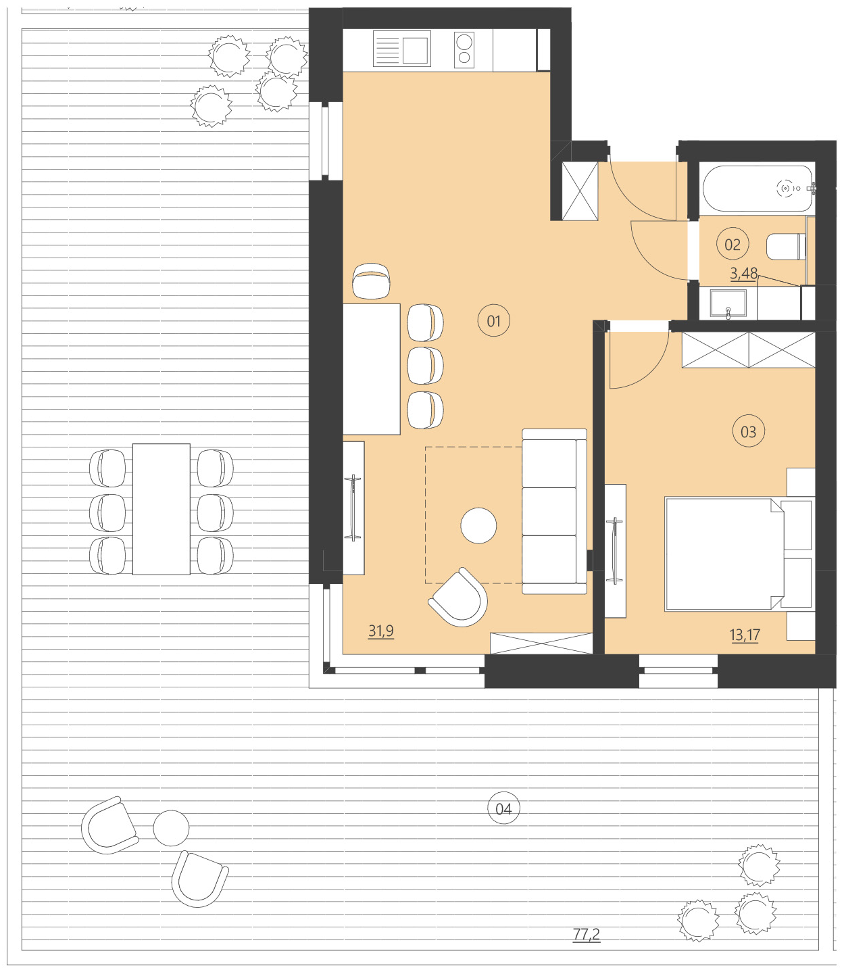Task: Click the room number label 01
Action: (493, 321)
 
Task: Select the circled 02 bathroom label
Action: (733, 245)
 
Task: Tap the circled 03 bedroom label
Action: (748, 432)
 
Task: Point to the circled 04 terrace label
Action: (503, 809)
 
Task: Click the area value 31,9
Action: (380, 631)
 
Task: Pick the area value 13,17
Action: (744, 635)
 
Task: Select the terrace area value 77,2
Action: (586, 935)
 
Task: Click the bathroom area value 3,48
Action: (743, 274)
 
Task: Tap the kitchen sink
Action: (402, 50)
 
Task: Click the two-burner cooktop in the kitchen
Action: (464, 50)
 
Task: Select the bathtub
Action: (758, 189)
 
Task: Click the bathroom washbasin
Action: (728, 303)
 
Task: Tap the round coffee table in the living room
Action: (478, 525)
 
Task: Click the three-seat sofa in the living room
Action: (553, 512)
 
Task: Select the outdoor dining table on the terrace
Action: (161, 509)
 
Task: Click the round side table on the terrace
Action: (171, 828)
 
